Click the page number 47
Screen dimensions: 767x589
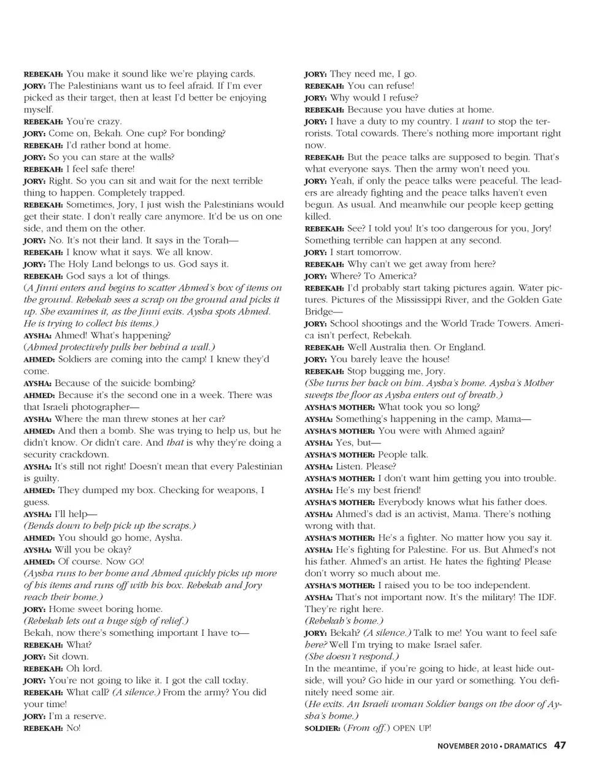pyautogui.click(x=560, y=746)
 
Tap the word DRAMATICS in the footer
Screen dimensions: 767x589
pyautogui.click(x=526, y=746)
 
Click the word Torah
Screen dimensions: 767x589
pyautogui.click(x=210, y=240)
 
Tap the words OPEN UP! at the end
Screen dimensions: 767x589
pyautogui.click(x=412, y=728)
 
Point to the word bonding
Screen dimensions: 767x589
pyautogui.click(x=202, y=133)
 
